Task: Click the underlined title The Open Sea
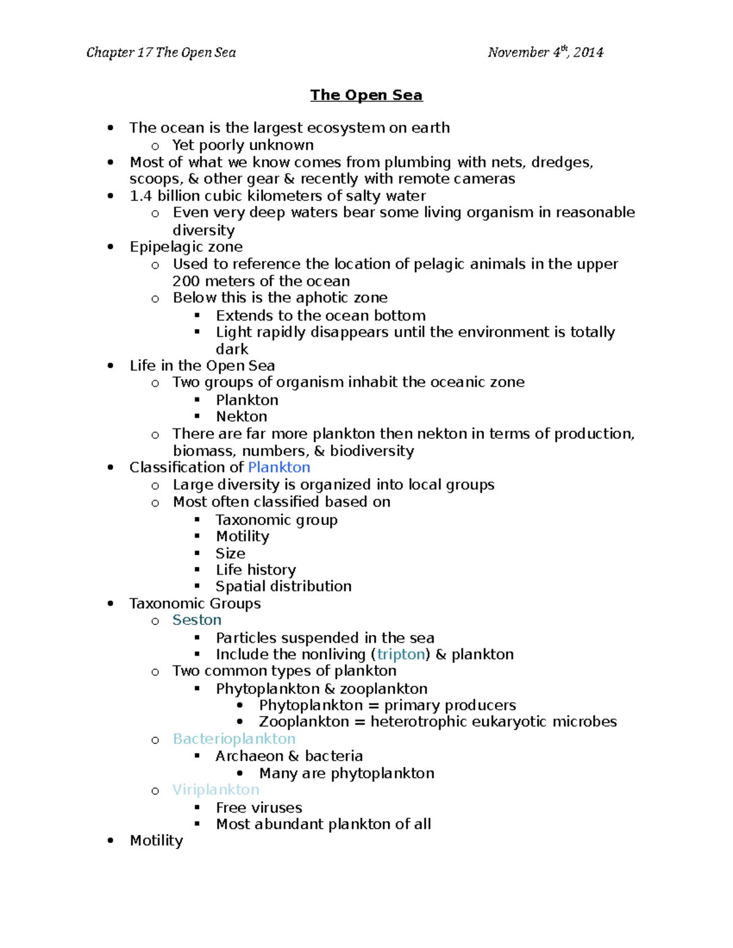click(366, 95)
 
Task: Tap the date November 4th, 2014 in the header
click(545, 52)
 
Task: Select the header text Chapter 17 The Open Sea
click(161, 52)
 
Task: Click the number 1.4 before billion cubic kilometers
click(140, 196)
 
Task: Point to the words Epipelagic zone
click(186, 247)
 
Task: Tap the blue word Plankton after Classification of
click(279, 467)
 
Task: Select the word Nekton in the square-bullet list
click(241, 416)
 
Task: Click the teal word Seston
click(197, 620)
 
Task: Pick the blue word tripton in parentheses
click(401, 654)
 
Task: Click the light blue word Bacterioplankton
click(234, 739)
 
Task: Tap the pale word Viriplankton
click(216, 789)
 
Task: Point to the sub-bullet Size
click(230, 553)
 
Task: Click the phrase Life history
click(255, 570)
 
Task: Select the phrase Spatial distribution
click(283, 586)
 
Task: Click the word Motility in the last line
click(156, 841)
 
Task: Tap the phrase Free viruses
click(259, 808)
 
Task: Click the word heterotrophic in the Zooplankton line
click(415, 722)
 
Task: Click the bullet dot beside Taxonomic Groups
click(111, 604)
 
